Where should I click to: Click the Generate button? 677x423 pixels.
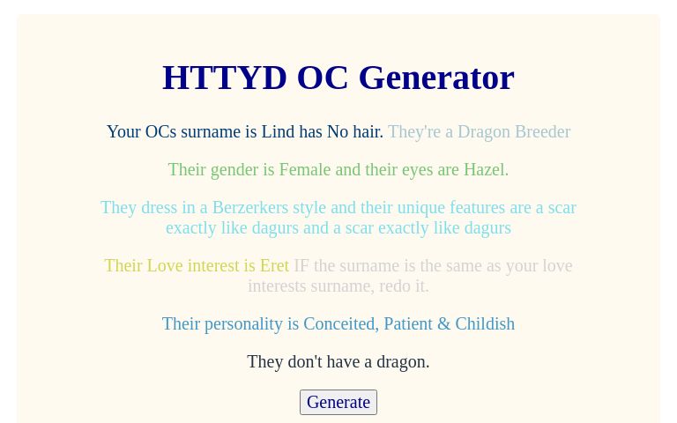coord(338,402)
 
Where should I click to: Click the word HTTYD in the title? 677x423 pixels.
coord(225,78)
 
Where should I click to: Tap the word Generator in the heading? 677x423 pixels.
coord(436,78)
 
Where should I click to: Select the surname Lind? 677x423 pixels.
coord(278,132)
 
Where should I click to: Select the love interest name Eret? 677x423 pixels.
coord(274,266)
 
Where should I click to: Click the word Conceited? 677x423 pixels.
coord(339,324)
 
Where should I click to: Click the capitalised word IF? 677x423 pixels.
coord(301,266)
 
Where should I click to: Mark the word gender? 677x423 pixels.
coord(232,169)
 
